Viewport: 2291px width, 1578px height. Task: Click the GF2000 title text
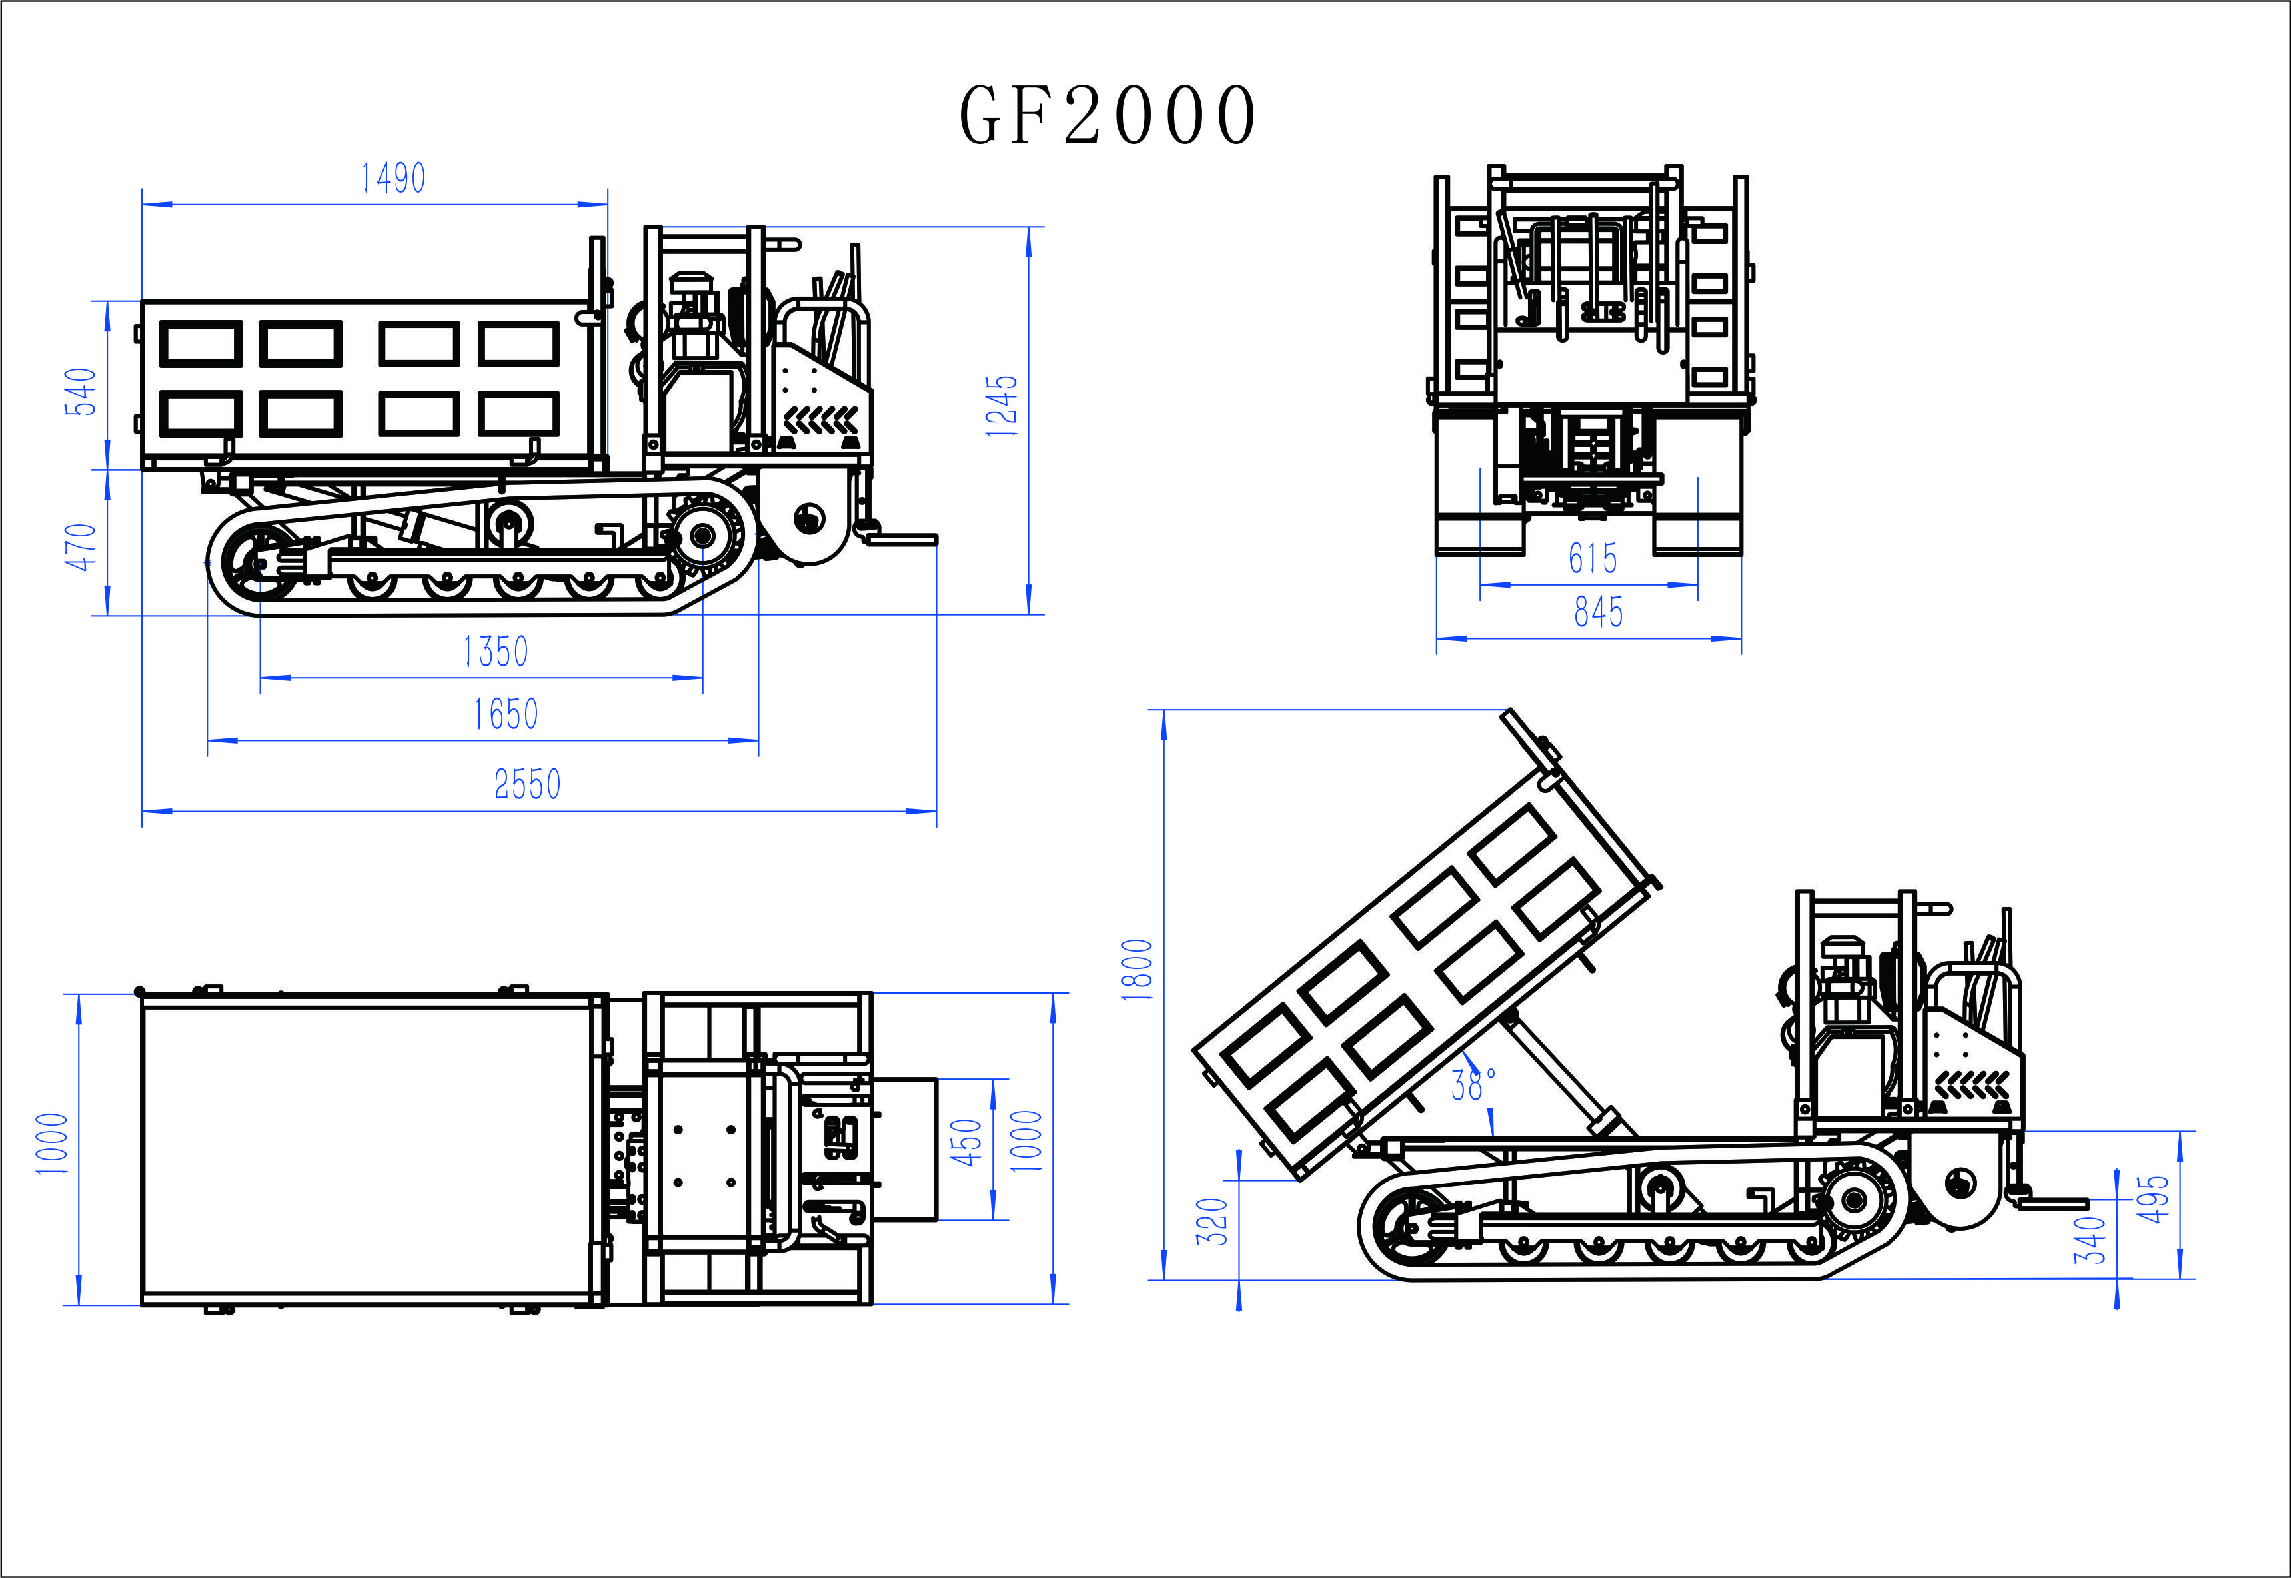1108,115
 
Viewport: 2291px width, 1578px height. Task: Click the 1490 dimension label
392,178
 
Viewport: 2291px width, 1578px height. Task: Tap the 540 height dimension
81,392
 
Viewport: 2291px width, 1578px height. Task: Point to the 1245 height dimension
1001,405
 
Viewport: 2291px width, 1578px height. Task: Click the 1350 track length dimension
495,652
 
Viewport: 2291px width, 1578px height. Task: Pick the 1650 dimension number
505,714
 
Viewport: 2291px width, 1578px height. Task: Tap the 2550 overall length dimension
527,784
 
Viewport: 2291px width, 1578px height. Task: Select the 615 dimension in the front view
1593,558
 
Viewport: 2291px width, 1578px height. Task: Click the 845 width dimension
1598,612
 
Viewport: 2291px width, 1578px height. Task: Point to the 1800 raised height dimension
1137,970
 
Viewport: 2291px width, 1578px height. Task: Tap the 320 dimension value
1212,1221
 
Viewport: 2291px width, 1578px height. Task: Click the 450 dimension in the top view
966,1142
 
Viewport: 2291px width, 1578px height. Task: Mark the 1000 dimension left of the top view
51,1144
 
